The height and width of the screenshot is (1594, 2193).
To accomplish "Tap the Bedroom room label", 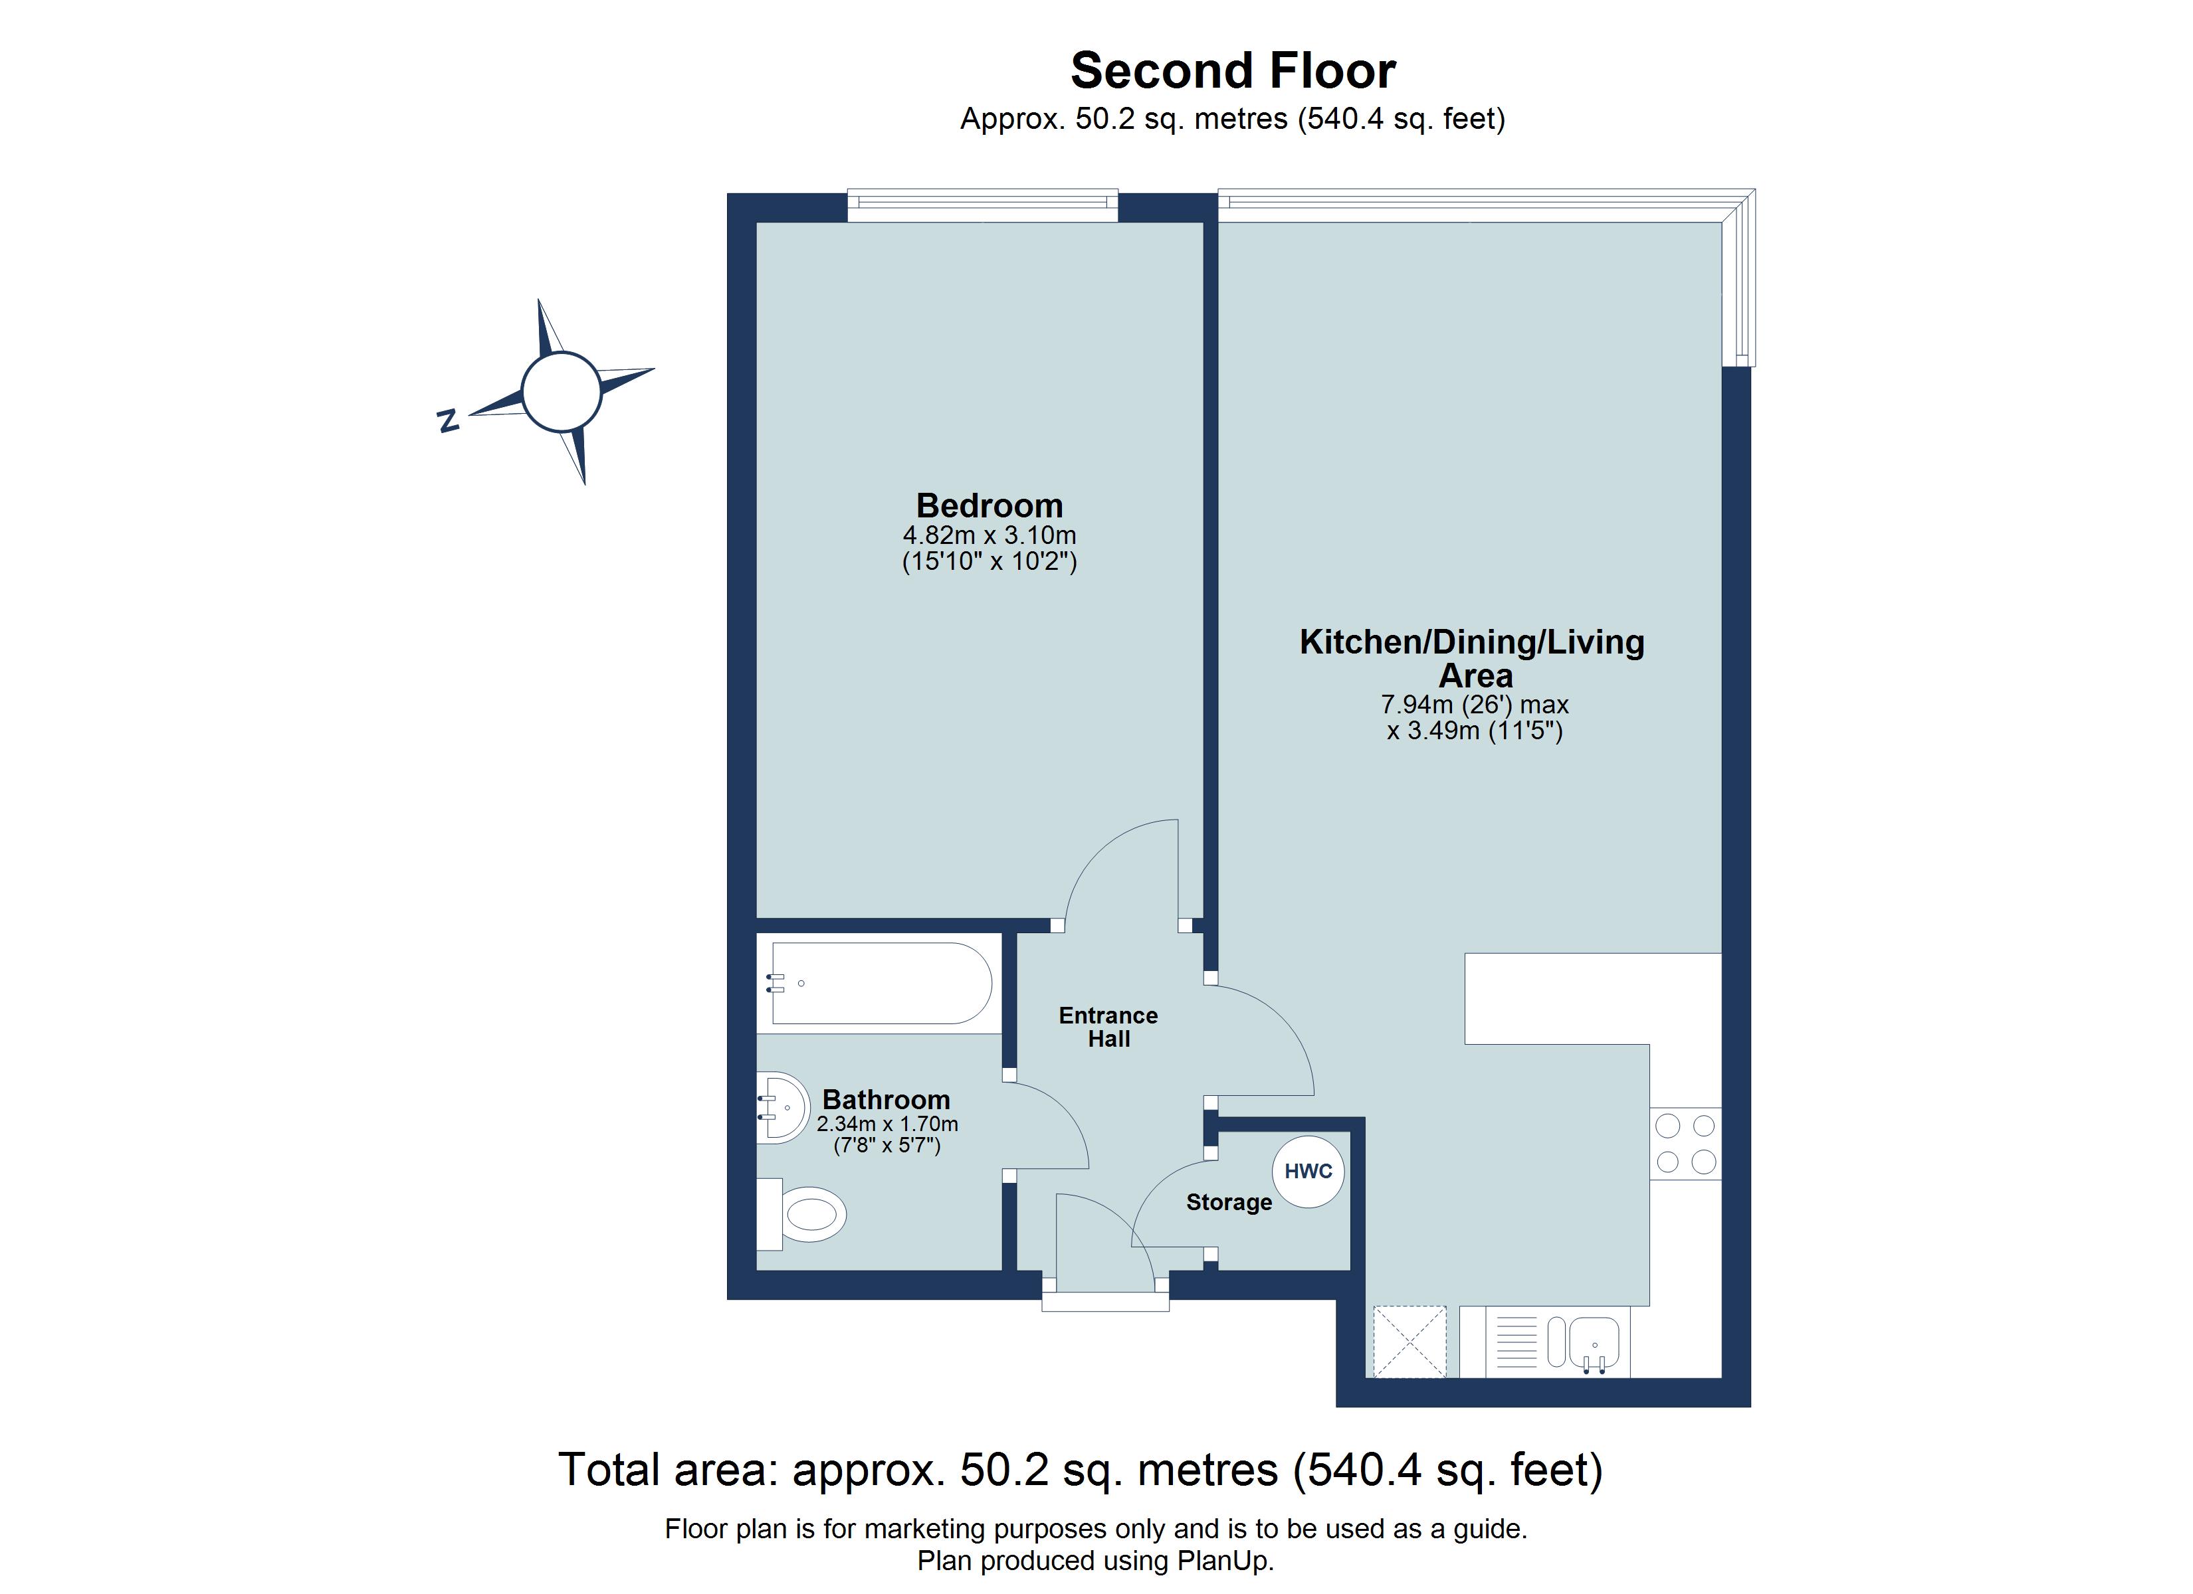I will pyautogui.click(x=989, y=505).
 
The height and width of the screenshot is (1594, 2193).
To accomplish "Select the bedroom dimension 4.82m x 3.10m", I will pyautogui.click(x=989, y=535).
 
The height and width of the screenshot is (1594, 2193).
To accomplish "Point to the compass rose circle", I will pyautogui.click(x=562, y=391).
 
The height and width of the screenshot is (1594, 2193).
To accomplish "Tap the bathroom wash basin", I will pyautogui.click(x=783, y=1108).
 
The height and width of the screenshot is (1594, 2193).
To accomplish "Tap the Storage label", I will pyautogui.click(x=1229, y=1203).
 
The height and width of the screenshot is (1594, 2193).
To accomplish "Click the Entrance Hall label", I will pyautogui.click(x=1108, y=1027).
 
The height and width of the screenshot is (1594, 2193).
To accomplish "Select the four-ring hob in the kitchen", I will pyautogui.click(x=1685, y=1144).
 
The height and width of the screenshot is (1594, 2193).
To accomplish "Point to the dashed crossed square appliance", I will pyautogui.click(x=1410, y=1342).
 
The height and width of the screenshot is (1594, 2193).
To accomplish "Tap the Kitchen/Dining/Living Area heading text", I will pyautogui.click(x=1472, y=658).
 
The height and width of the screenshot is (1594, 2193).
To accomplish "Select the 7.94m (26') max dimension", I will pyautogui.click(x=1473, y=705).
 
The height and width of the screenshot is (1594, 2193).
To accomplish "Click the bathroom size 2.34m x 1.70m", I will pyautogui.click(x=887, y=1124).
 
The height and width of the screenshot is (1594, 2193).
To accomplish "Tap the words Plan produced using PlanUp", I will pyautogui.click(x=1096, y=1561).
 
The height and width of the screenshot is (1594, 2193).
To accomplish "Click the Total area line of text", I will pyautogui.click(x=1080, y=1470).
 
